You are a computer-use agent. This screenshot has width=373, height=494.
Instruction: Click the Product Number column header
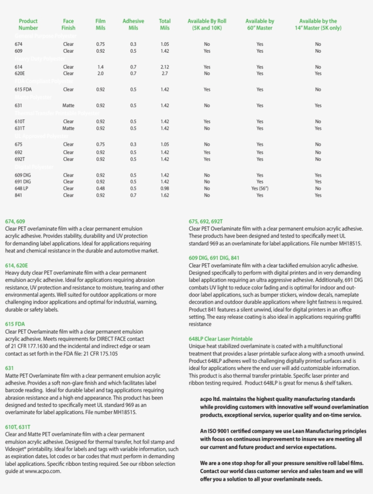[x=28, y=25]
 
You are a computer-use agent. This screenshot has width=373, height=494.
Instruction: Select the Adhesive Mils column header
[x=133, y=25]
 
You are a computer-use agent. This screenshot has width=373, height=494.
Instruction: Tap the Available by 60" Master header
[x=260, y=25]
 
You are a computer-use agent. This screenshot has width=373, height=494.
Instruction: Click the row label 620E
[x=20, y=74]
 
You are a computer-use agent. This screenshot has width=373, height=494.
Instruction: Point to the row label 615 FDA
[x=23, y=89]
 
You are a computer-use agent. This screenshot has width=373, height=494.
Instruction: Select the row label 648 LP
[x=21, y=188]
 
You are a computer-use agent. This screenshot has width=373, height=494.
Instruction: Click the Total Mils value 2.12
[x=165, y=67]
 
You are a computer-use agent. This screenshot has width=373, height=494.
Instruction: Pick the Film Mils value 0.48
[x=101, y=188]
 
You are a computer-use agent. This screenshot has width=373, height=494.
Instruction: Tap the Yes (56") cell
[x=260, y=188]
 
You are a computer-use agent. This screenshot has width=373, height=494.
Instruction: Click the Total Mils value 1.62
[x=165, y=195]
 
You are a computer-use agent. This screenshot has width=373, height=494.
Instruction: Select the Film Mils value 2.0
[x=101, y=74]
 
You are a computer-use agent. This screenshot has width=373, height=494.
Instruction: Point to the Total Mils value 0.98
[x=165, y=188]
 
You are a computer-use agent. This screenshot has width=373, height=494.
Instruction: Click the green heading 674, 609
[x=15, y=222]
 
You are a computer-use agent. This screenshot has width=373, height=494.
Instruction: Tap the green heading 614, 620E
[x=16, y=266]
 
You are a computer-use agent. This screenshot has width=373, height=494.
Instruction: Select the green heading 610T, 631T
[x=18, y=427]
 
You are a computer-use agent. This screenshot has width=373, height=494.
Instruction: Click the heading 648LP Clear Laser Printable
[x=221, y=339]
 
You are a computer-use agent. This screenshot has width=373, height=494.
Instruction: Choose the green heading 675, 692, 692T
[x=206, y=222]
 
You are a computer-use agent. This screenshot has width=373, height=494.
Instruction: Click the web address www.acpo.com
[x=43, y=471]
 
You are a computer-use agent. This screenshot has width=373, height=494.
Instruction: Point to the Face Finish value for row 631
[x=68, y=106]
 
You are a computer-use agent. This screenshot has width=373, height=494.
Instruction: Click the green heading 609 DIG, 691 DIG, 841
[x=214, y=258]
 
